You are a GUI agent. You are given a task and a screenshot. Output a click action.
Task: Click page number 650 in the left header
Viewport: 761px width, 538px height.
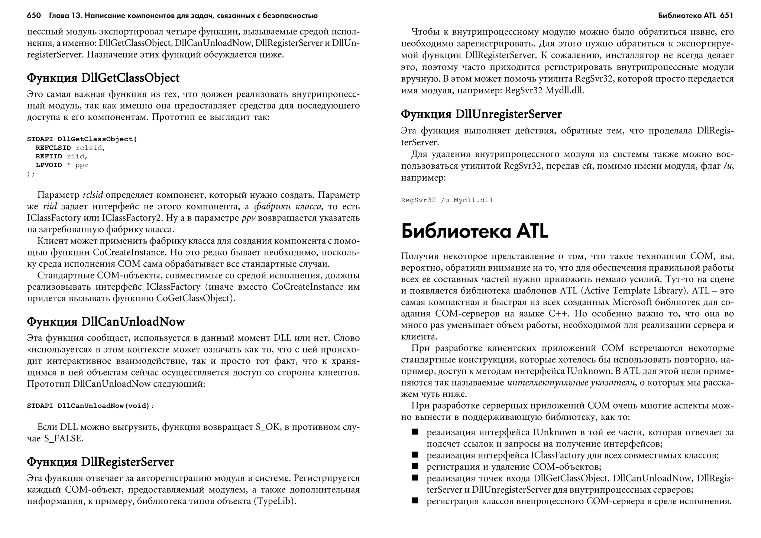33,16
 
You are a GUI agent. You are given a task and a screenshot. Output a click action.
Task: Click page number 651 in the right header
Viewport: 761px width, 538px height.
726,16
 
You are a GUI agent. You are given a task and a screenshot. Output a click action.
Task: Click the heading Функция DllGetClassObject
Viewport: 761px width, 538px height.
103,78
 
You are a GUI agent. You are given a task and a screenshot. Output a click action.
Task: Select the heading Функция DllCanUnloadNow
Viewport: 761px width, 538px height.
106,322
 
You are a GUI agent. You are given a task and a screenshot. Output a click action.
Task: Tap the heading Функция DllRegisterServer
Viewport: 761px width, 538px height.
100,462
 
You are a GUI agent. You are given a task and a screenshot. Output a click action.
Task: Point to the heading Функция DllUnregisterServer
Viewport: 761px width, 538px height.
481,114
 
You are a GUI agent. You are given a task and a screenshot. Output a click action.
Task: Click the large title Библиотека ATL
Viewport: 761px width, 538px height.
475,231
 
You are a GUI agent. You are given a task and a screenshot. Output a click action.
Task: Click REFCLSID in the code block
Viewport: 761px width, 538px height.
53,148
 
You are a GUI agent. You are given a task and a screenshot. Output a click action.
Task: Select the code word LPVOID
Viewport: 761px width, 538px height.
49,165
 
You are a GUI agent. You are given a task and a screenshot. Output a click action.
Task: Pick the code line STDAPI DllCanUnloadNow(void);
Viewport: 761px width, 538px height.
90,406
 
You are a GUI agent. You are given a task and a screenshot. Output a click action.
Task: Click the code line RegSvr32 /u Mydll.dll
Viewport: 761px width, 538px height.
447,200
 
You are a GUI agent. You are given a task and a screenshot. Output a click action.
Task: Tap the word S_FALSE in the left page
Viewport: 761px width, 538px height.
63,439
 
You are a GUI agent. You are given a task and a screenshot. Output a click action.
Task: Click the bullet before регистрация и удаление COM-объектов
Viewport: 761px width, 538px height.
415,466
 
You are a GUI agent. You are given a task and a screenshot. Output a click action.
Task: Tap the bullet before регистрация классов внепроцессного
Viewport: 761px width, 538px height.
415,501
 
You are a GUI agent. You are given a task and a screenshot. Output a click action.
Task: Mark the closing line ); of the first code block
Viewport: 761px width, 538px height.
30,174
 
